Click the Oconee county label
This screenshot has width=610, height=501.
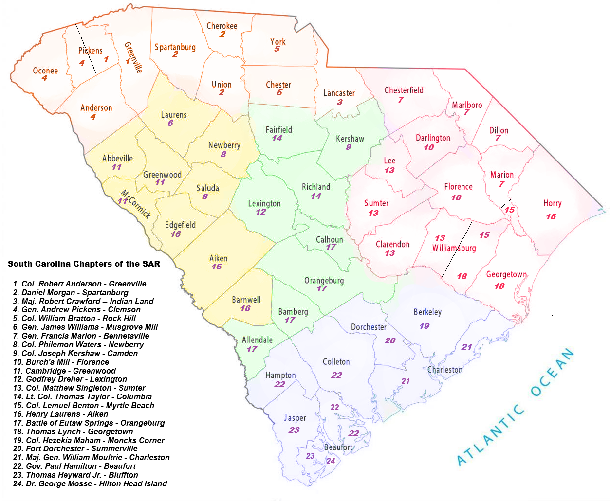tap(45, 71)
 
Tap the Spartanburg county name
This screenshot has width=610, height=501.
tap(175, 47)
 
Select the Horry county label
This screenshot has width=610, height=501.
tap(553, 203)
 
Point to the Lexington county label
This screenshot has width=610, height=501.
tap(264, 204)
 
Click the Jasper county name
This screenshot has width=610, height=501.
tap(295, 418)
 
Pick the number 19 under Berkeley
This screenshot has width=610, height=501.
tap(425, 326)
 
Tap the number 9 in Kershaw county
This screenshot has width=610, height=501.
tap(349, 147)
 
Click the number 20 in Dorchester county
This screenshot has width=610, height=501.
tap(390, 340)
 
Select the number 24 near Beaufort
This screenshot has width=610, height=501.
tap(331, 461)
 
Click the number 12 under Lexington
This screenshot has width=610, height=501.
tap(261, 212)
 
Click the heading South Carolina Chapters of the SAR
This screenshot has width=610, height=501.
tap(84, 264)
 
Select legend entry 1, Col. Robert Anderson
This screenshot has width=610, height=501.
tap(80, 284)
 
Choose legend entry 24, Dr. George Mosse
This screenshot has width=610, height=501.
tap(90, 483)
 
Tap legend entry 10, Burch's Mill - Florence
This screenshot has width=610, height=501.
tap(61, 362)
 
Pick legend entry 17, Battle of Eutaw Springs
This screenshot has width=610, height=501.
tap(89, 423)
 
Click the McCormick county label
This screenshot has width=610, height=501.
tap(136, 204)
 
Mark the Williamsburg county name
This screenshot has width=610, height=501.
tap(454, 248)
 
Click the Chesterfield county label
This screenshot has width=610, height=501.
tap(404, 90)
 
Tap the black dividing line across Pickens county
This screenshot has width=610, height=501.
tap(86, 49)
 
